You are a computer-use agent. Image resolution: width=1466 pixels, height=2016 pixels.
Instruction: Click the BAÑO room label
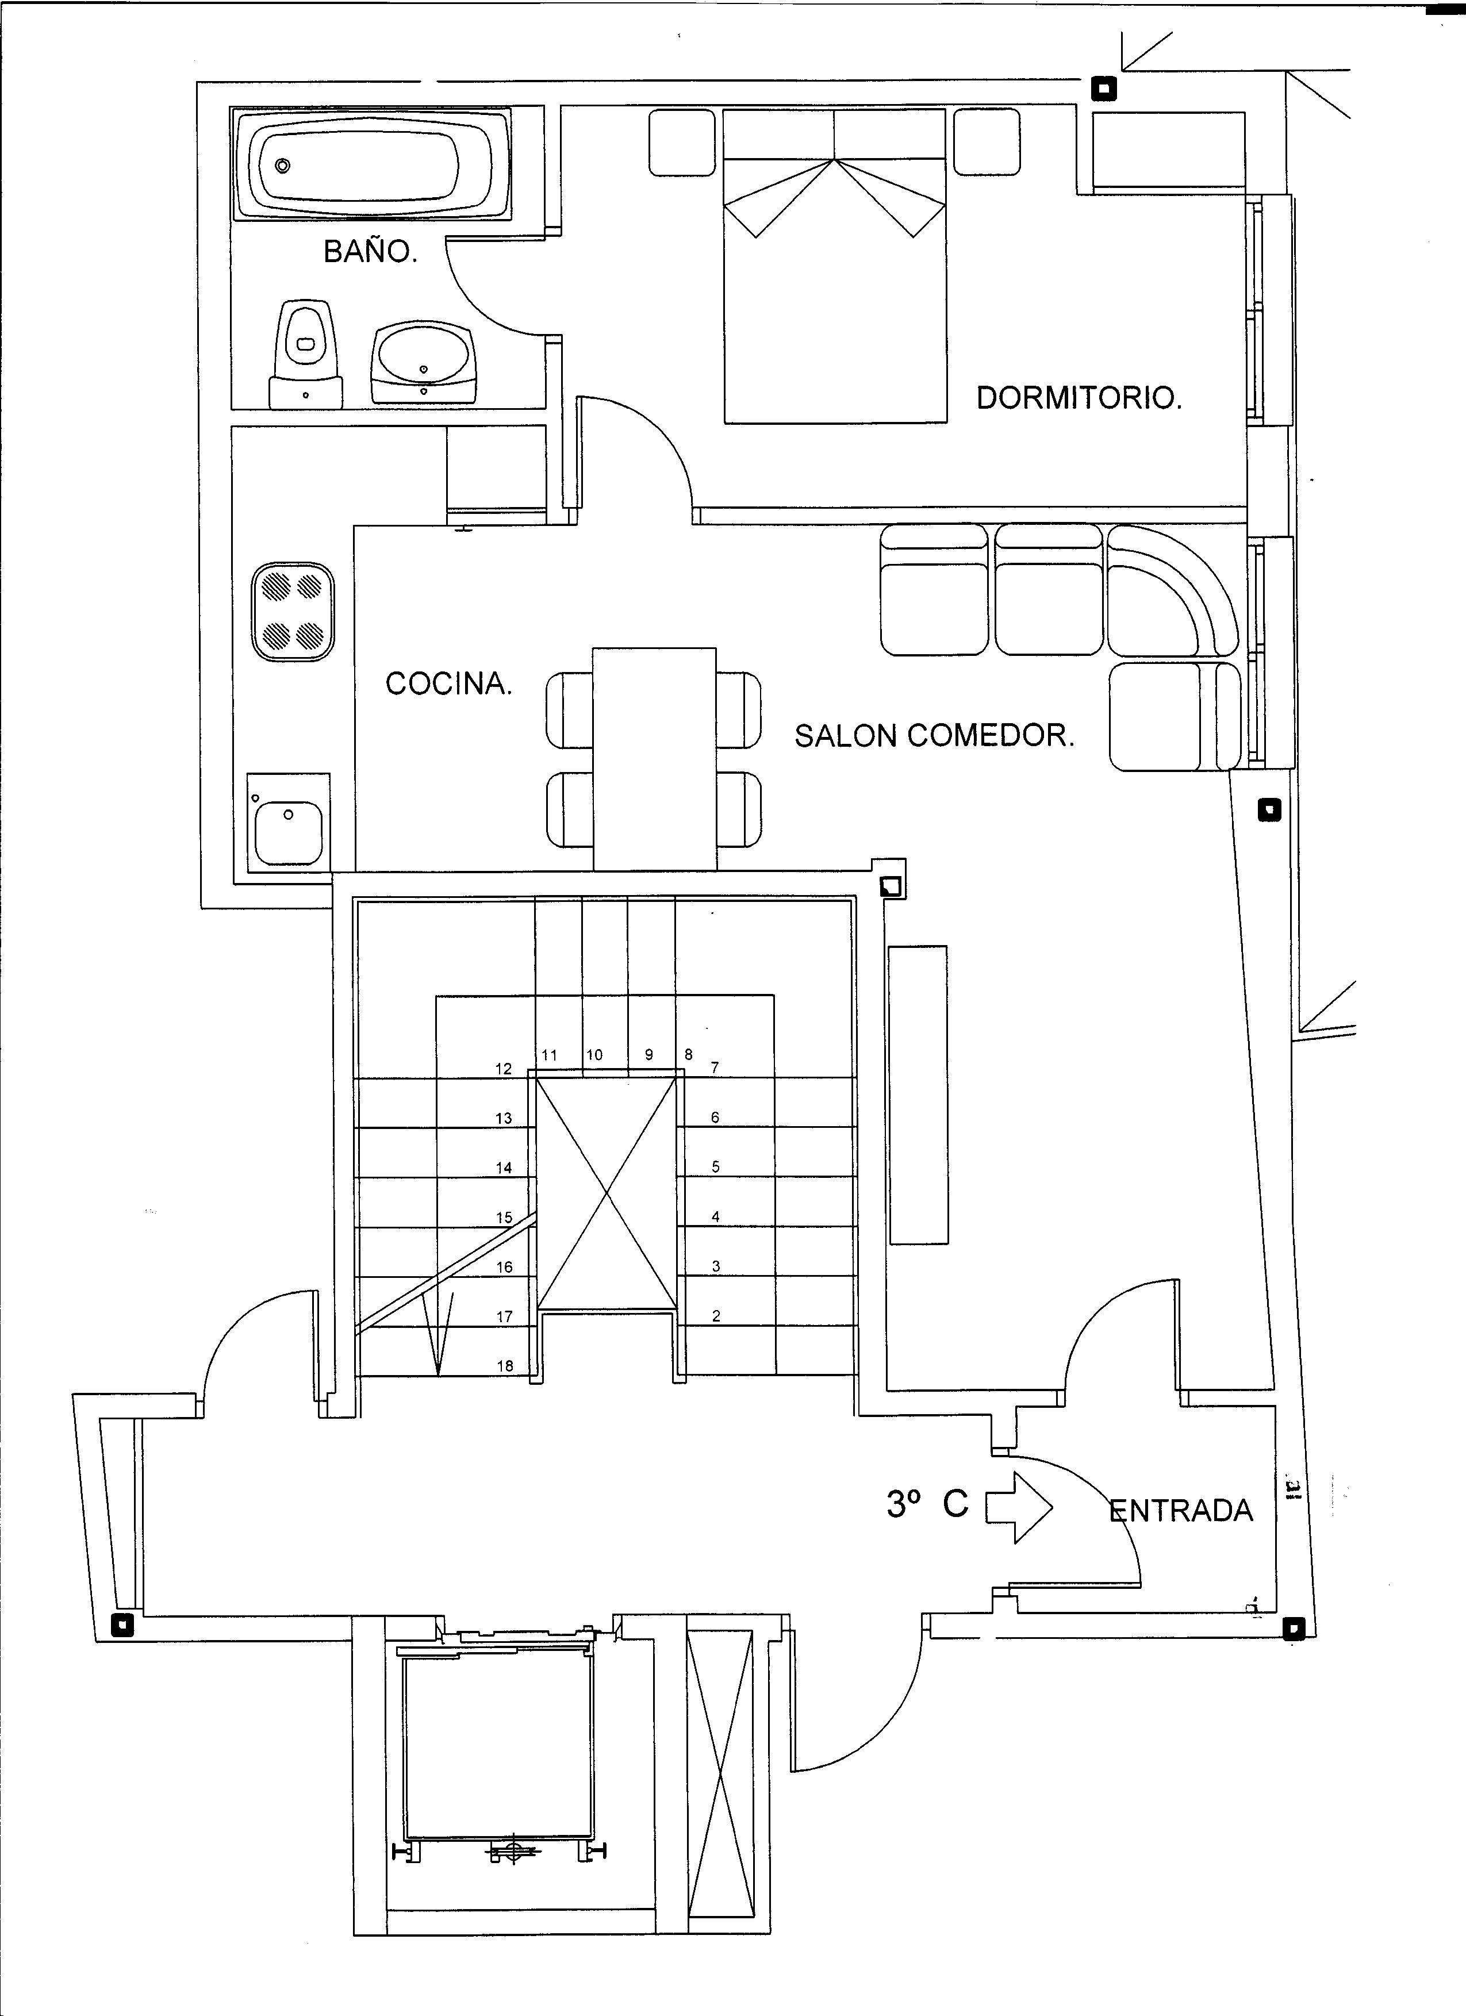click(x=370, y=252)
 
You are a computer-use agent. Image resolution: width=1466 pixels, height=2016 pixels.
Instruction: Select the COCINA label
click(x=449, y=683)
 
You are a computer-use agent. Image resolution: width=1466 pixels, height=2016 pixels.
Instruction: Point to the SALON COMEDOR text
click(x=934, y=735)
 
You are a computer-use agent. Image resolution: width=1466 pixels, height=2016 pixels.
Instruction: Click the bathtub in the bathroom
click(x=371, y=164)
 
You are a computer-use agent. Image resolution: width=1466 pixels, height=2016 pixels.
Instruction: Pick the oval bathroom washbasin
click(x=423, y=360)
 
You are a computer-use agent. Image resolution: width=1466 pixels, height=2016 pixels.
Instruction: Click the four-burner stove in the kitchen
click(x=293, y=612)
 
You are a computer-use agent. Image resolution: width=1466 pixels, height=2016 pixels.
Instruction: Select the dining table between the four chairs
click(x=654, y=759)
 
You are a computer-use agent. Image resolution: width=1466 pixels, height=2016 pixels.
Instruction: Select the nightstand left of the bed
click(x=682, y=142)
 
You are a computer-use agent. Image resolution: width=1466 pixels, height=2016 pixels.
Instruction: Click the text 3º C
click(x=927, y=1504)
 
